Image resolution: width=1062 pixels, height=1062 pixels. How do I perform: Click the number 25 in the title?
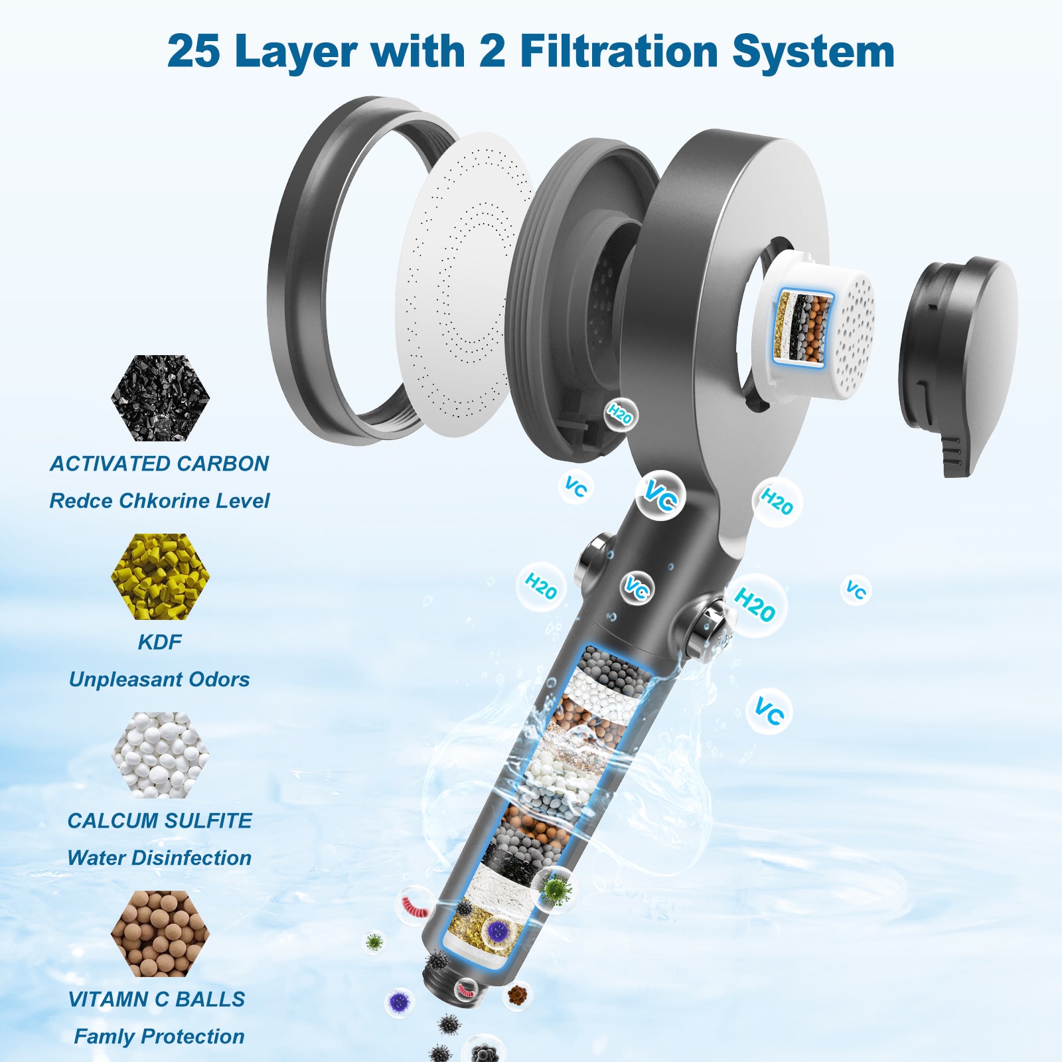[193, 50]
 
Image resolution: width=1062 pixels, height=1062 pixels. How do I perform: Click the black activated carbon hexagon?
[160, 398]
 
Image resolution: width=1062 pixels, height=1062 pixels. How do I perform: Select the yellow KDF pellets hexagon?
[160, 576]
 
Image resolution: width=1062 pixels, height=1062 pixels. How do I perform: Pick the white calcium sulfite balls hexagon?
[160, 755]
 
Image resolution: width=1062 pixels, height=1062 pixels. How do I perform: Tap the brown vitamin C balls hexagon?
[160, 933]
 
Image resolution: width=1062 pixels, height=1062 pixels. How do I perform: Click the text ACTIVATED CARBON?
[159, 463]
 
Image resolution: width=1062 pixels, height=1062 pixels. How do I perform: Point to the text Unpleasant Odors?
[159, 679]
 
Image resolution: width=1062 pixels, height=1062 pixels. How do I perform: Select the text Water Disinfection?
[159, 858]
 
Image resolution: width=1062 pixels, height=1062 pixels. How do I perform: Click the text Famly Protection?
[159, 1036]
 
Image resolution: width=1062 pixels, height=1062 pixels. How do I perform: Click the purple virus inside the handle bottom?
[495, 932]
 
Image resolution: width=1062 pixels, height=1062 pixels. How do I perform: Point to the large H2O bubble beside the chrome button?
[755, 604]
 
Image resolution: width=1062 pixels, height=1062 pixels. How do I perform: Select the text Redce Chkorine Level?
[159, 500]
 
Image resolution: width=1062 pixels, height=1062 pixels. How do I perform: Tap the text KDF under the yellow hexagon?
[159, 642]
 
